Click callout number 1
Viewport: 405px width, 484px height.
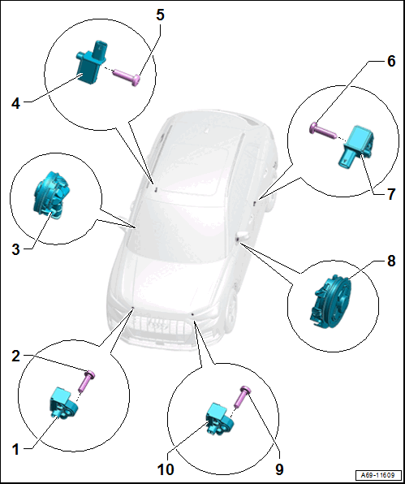pyautogui.click(x=15, y=449)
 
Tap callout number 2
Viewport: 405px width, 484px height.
pyautogui.click(x=15, y=357)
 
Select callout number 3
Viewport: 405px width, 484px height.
pyautogui.click(x=15, y=249)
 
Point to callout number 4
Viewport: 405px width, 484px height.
pyautogui.click(x=15, y=103)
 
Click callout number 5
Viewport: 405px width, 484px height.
pyautogui.click(x=160, y=15)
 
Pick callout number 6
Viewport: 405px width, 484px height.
pyautogui.click(x=391, y=61)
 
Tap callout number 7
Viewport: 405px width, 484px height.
pyautogui.click(x=391, y=194)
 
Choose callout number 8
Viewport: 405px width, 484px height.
pyautogui.click(x=391, y=261)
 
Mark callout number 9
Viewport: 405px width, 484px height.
pyautogui.click(x=279, y=470)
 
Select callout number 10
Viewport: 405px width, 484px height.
pyautogui.click(x=166, y=470)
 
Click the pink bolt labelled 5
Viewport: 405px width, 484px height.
pyautogui.click(x=127, y=77)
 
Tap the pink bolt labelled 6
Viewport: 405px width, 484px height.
pyautogui.click(x=322, y=132)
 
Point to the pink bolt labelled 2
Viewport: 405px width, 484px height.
pyautogui.click(x=87, y=381)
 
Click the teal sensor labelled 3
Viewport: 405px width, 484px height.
pyautogui.click(x=51, y=195)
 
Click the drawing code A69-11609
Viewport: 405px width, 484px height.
pyautogui.click(x=379, y=474)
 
